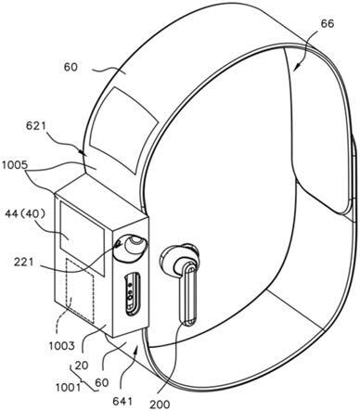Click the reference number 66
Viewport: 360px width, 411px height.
pos(328,24)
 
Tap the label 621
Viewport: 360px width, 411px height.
pos(36,126)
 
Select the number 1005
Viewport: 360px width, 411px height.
pos(15,165)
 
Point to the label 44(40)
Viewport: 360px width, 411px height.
pos(25,213)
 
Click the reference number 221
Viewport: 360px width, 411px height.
pos(23,262)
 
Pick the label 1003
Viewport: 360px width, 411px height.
pos(62,345)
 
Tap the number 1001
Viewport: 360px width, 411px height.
pos(69,387)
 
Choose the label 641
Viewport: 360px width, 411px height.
pos(122,401)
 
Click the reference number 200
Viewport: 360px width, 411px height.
pos(160,404)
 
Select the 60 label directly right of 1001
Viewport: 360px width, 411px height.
pos(102,383)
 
